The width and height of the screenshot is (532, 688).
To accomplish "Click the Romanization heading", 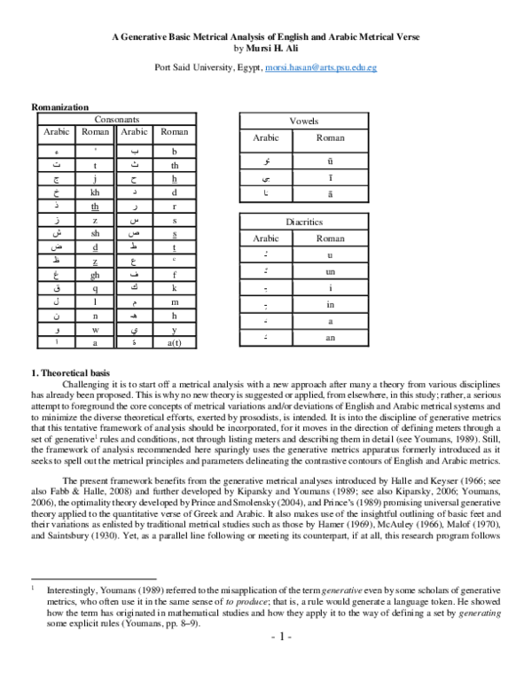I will pyautogui.click(x=59, y=106).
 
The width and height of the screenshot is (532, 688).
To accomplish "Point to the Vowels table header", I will pyautogui.click(x=304, y=121).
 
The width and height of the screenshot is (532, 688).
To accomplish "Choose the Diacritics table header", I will pyautogui.click(x=304, y=222).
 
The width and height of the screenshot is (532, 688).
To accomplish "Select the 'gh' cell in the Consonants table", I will pyautogui.click(x=95, y=275).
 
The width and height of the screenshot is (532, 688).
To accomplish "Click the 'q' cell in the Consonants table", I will pyautogui.click(x=95, y=289).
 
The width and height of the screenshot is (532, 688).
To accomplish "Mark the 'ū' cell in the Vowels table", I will pyautogui.click(x=330, y=161).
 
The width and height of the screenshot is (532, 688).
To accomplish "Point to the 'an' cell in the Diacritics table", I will pyautogui.click(x=330, y=339).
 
